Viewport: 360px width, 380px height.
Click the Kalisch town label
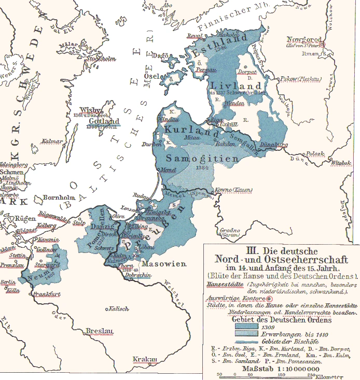coord(119,309)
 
